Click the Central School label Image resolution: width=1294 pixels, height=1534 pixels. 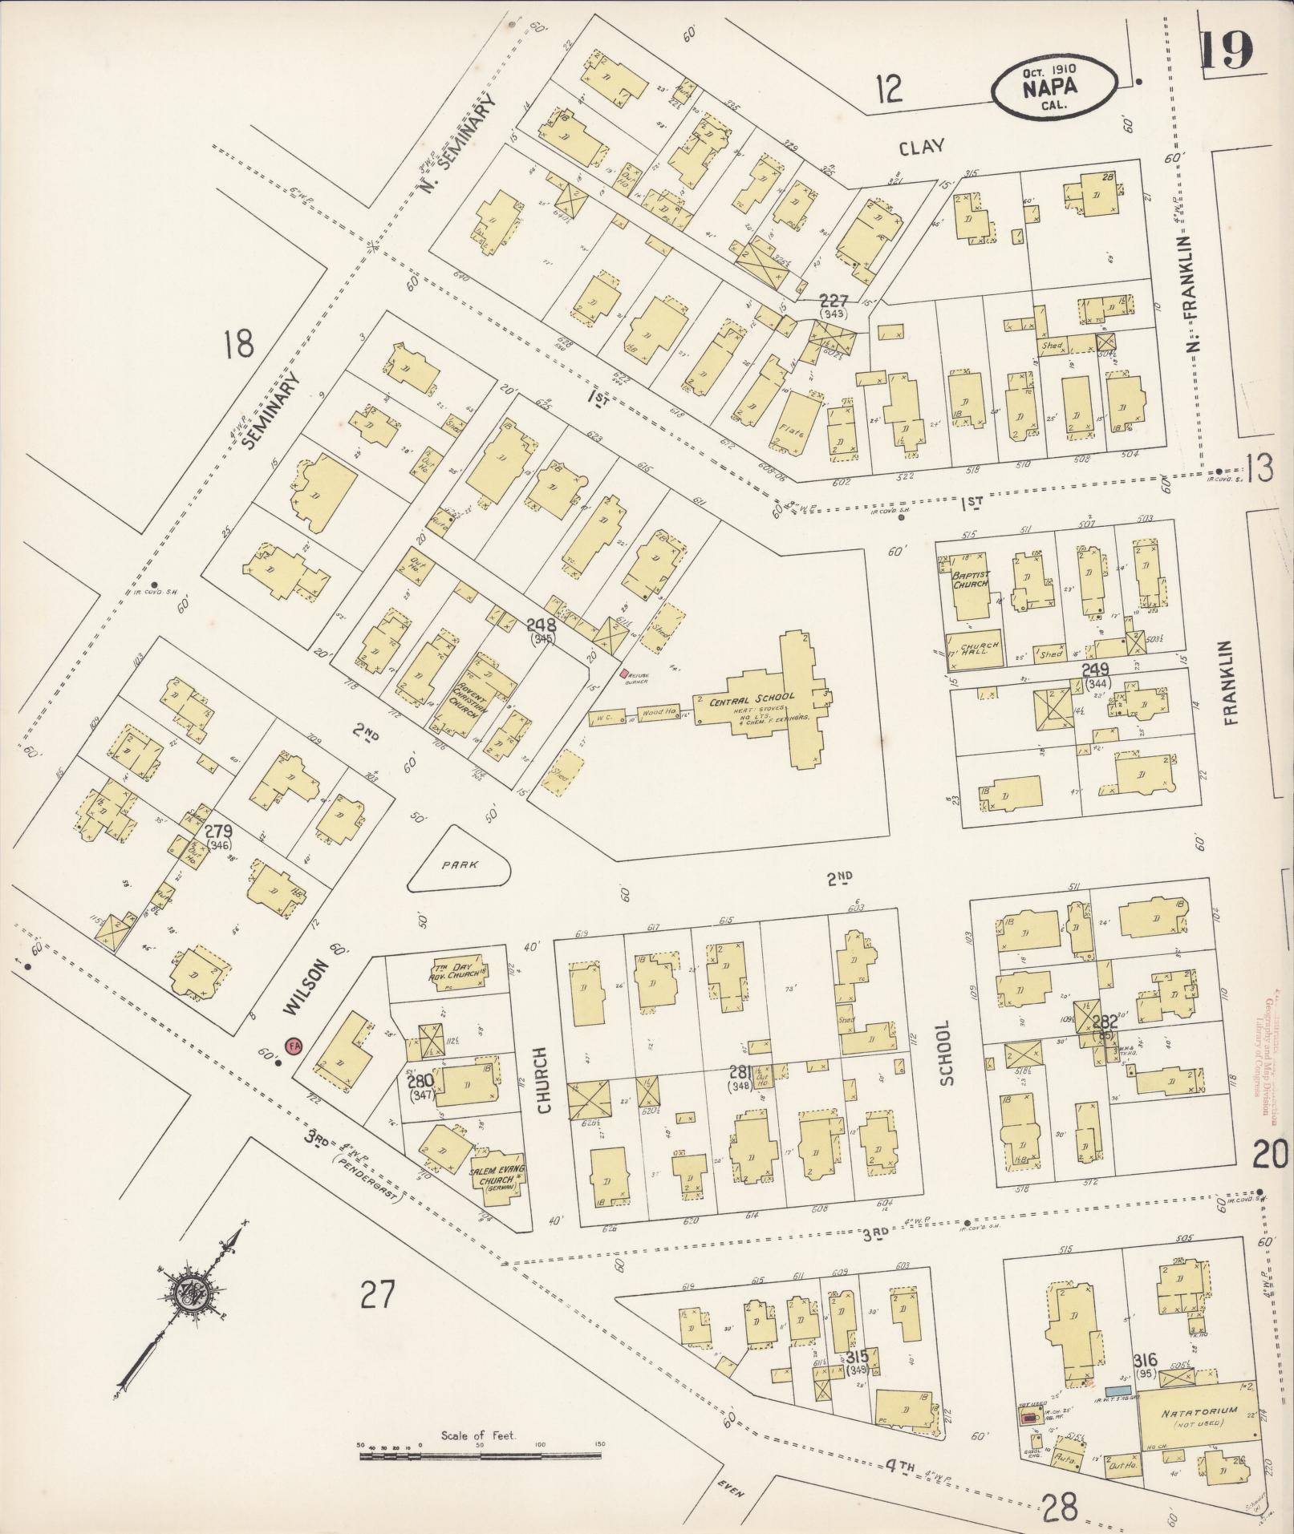752,698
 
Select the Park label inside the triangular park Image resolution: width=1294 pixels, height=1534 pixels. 460,864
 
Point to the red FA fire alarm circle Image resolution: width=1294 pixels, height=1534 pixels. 294,1046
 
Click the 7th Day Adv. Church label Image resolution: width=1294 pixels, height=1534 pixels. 455,973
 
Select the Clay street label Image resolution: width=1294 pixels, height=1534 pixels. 921,147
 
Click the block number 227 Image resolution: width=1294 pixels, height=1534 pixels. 834,301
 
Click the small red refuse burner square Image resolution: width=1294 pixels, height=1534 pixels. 624,674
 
